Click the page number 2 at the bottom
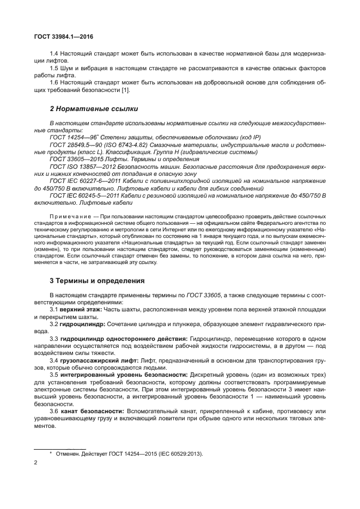point(35,462)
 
